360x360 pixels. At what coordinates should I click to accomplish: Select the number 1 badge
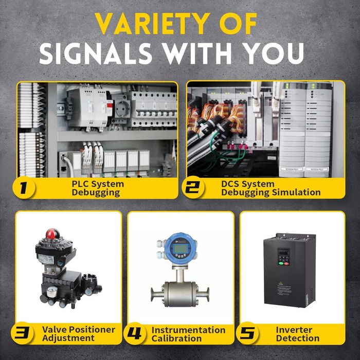(24, 188)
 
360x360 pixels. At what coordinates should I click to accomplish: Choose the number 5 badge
(247, 333)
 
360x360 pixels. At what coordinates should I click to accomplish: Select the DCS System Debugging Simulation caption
(271, 188)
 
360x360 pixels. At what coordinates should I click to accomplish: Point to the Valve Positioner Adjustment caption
(78, 333)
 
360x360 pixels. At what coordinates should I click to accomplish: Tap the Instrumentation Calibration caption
(188, 333)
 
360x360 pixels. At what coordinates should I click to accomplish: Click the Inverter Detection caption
(297, 333)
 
